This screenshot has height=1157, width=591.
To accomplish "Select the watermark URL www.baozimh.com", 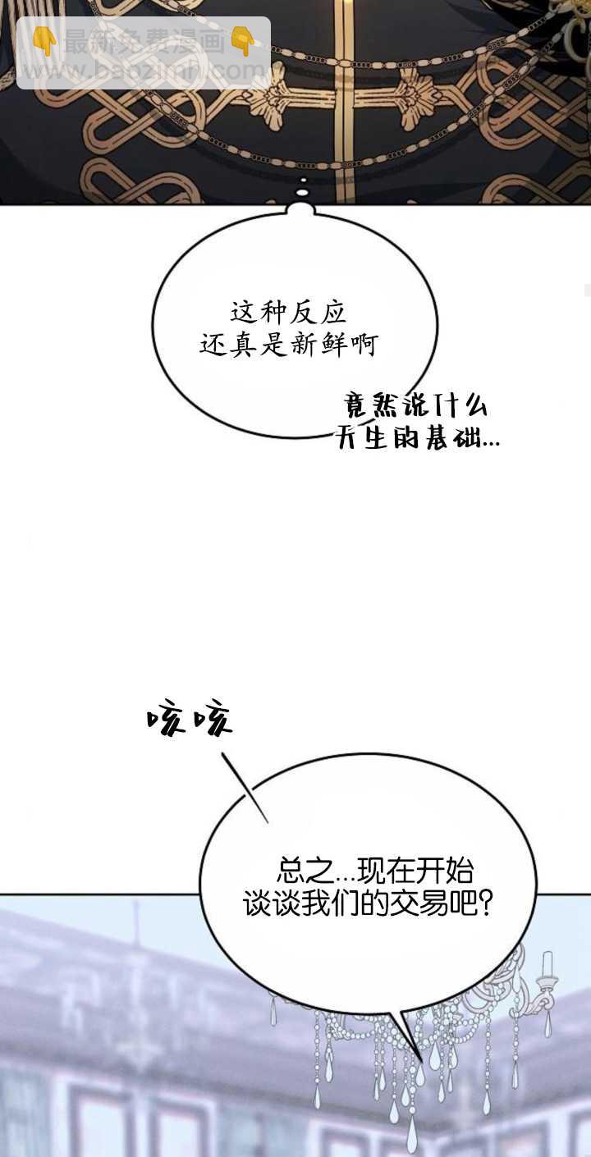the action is tap(144, 72).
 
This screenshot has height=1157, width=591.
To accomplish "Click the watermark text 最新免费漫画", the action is tap(144, 42).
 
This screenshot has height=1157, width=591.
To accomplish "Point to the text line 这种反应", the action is tap(288, 313).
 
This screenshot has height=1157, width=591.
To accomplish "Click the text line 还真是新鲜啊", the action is tap(288, 345).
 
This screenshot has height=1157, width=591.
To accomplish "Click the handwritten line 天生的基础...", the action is tap(417, 439).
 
